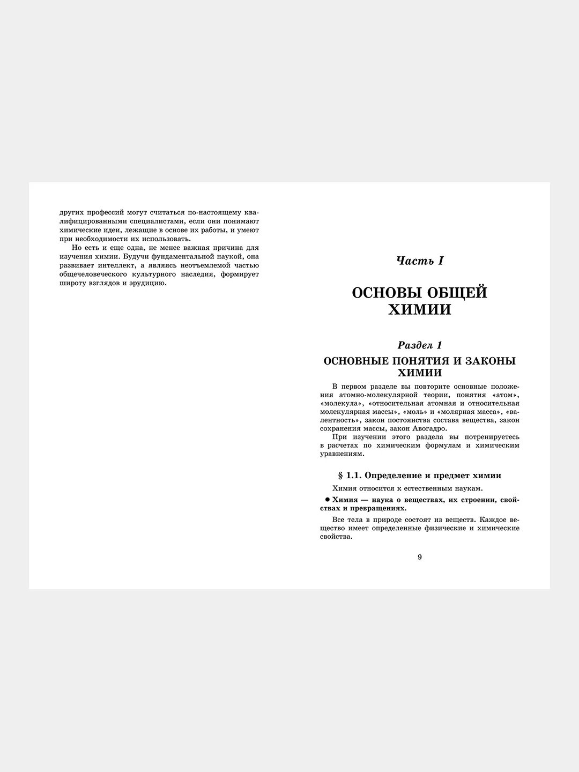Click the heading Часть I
click(420, 261)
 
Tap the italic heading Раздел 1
click(420, 345)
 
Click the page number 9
click(420, 557)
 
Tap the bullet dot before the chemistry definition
click(328, 500)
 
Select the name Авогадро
click(428, 428)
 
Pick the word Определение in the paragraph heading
click(389, 476)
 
